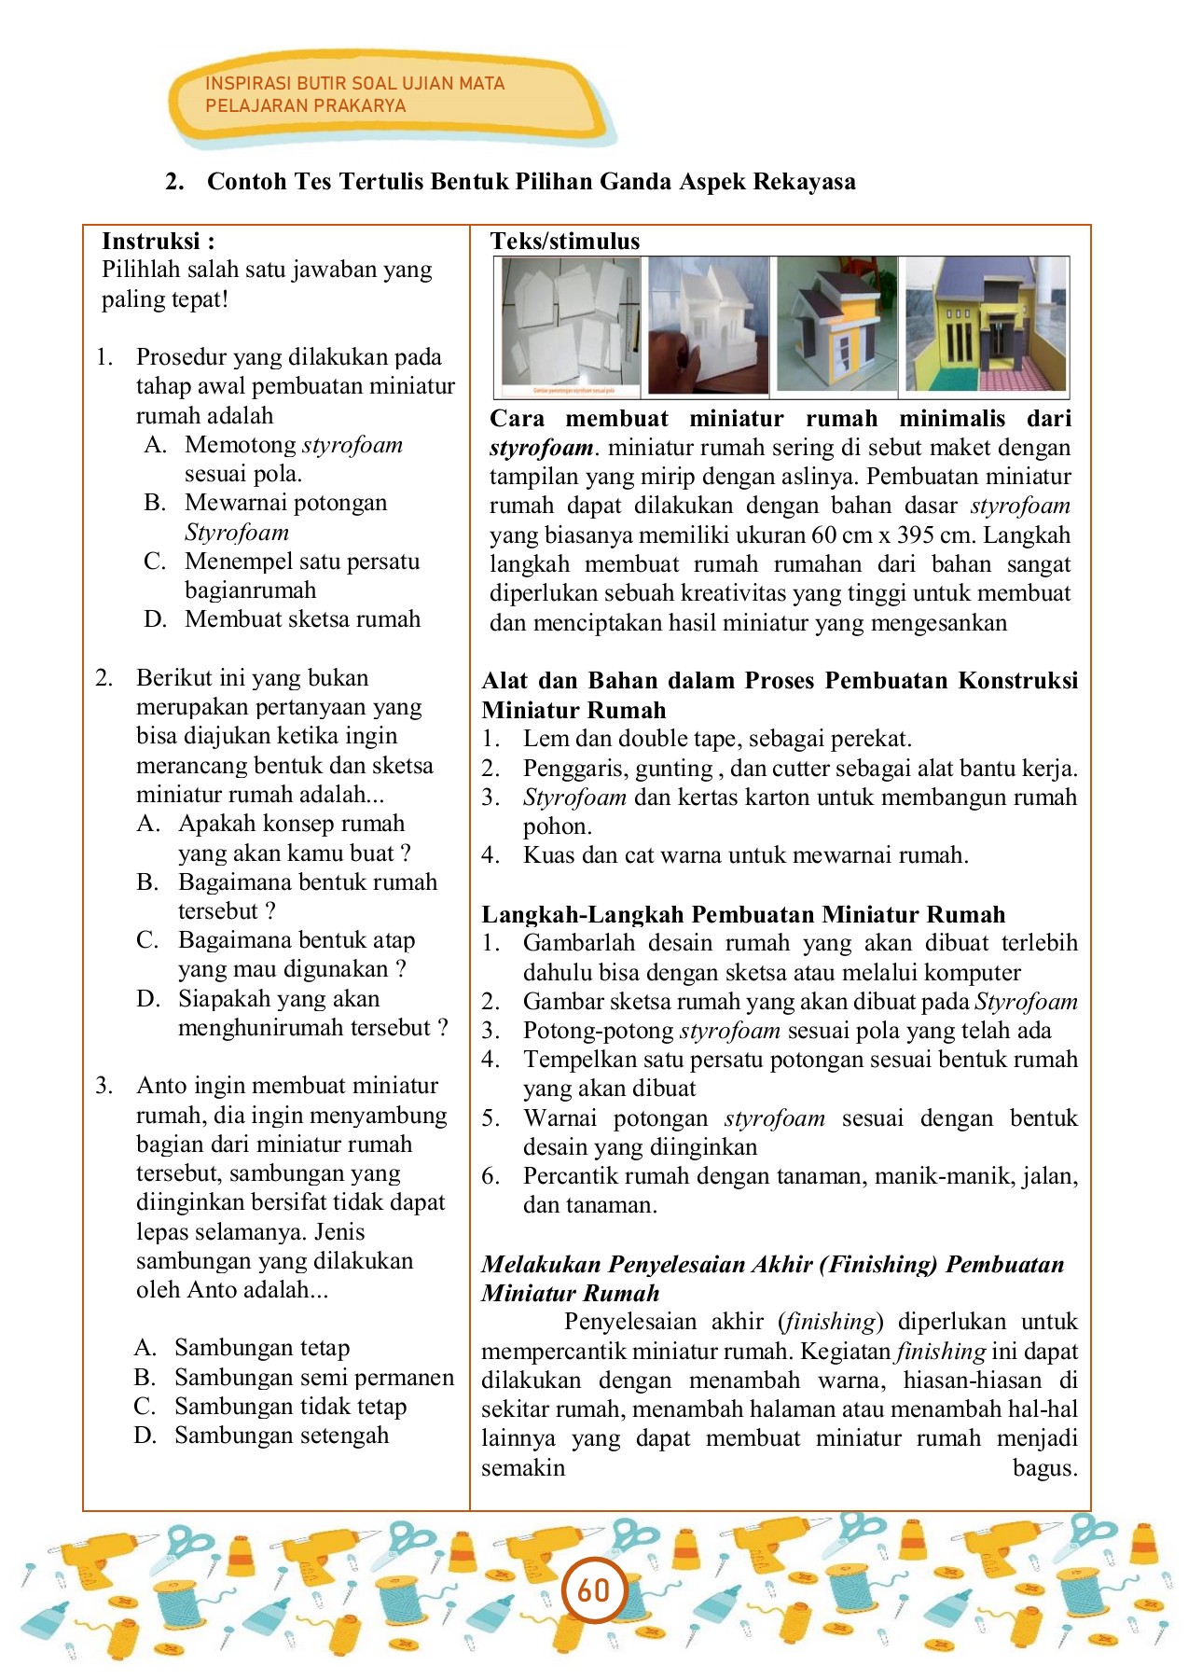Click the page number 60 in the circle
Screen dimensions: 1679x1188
click(x=593, y=1589)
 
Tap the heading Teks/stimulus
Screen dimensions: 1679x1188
click(x=565, y=242)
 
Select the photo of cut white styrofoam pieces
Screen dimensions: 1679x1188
click(x=571, y=326)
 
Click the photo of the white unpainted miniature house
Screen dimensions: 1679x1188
click(x=709, y=326)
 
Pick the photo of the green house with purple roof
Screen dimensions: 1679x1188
click(x=986, y=326)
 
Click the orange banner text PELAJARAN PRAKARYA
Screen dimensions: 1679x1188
click(x=305, y=106)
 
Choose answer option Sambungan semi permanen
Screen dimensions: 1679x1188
click(x=313, y=1378)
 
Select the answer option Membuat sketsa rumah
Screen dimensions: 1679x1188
click(x=302, y=619)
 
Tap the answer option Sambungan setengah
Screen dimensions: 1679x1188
click(x=282, y=1436)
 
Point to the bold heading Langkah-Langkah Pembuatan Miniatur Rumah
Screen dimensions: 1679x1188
click(x=743, y=914)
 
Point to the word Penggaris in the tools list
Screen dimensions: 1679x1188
click(x=570, y=769)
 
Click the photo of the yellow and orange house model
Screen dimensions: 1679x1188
click(x=836, y=326)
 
